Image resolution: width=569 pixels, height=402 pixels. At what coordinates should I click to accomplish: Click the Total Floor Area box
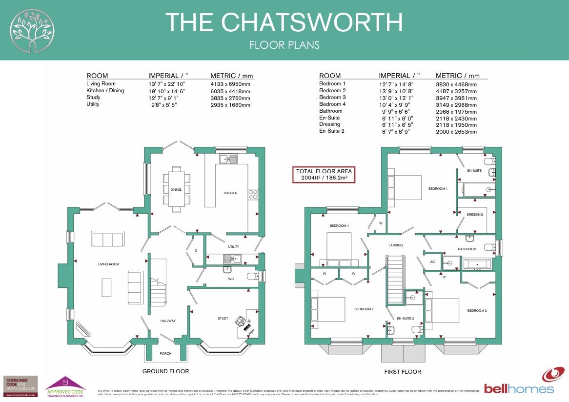(323, 175)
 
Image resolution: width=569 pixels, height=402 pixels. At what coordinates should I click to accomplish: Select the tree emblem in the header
(31, 30)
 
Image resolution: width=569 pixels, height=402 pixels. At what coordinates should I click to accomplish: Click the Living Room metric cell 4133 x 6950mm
(230, 84)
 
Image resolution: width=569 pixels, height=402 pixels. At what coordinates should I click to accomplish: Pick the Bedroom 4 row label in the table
(332, 104)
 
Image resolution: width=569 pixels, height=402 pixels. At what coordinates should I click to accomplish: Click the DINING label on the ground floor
(176, 190)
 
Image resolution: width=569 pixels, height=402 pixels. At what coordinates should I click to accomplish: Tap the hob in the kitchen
(253, 195)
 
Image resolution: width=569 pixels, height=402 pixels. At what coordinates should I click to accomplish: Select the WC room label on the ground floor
(231, 280)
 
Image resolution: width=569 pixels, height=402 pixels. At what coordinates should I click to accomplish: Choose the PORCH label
(166, 354)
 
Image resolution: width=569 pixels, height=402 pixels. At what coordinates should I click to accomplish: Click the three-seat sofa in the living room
(107, 240)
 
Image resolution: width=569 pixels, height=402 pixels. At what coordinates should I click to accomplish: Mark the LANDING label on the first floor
(395, 245)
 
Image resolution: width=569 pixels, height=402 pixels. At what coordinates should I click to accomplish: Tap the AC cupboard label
(432, 262)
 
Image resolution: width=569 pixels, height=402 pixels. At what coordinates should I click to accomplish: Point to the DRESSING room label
(474, 215)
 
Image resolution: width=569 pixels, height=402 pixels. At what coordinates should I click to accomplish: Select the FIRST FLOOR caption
(402, 372)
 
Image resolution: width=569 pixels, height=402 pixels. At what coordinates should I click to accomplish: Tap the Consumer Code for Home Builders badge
(20, 384)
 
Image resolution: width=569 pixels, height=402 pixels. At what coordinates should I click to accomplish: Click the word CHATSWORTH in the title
(312, 22)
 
